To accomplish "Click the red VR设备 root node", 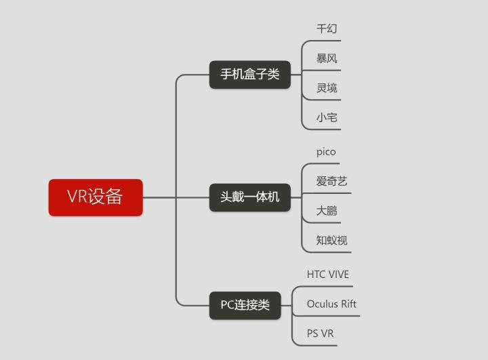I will coord(96,197).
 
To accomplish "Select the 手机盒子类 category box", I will coord(249,75).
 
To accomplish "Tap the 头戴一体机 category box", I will coord(249,197).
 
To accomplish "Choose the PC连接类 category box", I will coord(245,305).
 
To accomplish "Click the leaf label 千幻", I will coord(327,29).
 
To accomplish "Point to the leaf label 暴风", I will coord(327,58).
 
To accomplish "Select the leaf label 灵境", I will coord(327,87).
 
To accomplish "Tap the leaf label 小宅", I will coord(327,117).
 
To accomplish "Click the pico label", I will coord(326,152).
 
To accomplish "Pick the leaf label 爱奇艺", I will coord(332,181).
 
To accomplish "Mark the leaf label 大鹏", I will coord(327,211).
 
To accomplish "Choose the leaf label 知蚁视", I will coord(332,240).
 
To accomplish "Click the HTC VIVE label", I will coord(328,275).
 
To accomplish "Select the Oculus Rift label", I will coord(331,304).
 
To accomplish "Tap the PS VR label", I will coord(320,334).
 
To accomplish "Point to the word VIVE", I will coord(339,275).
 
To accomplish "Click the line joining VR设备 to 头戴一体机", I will coord(176,197).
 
